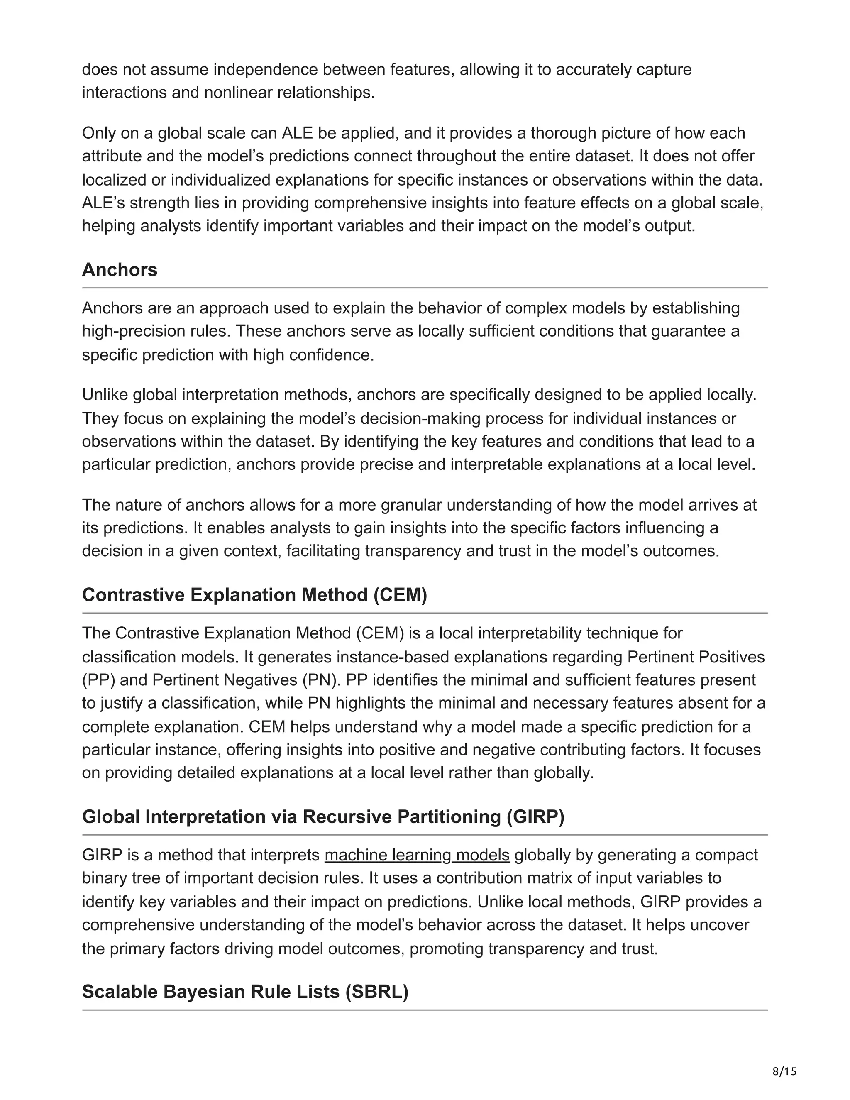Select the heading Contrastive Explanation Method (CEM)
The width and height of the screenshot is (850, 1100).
[254, 595]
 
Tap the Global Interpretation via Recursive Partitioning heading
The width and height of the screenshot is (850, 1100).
[323, 816]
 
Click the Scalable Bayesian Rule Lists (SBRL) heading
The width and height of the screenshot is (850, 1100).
[245, 992]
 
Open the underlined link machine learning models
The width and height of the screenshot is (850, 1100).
[417, 855]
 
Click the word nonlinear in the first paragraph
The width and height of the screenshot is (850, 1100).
[239, 93]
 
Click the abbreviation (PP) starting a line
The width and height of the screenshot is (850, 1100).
[99, 680]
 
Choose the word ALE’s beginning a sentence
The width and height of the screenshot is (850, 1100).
[104, 203]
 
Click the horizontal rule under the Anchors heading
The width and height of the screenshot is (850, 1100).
[425, 288]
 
